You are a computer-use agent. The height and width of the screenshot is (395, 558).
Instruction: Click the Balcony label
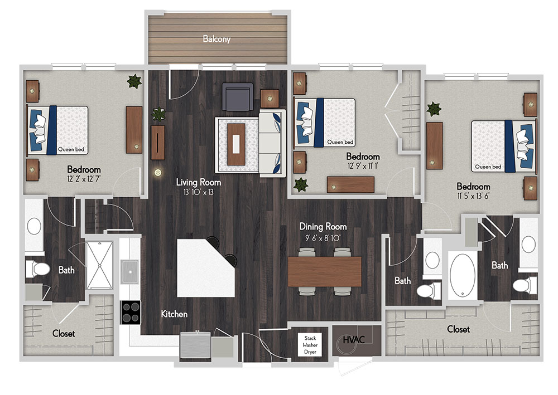click(x=217, y=38)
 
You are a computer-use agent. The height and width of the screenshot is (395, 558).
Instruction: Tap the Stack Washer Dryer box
click(x=310, y=345)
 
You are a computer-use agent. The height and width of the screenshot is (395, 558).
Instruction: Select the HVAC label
click(x=354, y=340)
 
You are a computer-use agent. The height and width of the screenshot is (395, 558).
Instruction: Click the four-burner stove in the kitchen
click(x=130, y=313)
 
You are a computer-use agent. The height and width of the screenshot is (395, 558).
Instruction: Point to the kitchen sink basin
click(x=130, y=272)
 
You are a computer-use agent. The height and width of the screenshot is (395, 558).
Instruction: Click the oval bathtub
click(x=462, y=275)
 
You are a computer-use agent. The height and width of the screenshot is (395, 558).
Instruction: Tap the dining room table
click(x=325, y=272)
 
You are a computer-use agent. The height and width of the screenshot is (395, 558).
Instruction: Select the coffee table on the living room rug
click(x=236, y=144)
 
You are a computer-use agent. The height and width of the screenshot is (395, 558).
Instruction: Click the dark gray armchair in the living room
click(x=238, y=96)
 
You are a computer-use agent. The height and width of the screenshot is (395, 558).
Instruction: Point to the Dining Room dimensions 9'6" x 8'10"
click(x=323, y=238)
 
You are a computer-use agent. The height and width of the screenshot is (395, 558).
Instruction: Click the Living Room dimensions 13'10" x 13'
click(x=199, y=192)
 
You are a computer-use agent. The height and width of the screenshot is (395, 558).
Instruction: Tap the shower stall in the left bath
click(x=99, y=265)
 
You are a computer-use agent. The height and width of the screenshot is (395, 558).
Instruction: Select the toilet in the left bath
click(x=37, y=269)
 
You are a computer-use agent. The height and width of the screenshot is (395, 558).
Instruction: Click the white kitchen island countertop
click(x=205, y=269)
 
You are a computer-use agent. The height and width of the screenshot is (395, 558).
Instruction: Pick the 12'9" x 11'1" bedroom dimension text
click(x=363, y=166)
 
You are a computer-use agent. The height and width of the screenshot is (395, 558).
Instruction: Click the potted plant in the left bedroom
click(x=134, y=81)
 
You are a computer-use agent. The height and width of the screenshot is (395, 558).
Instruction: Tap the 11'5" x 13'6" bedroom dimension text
click(x=473, y=196)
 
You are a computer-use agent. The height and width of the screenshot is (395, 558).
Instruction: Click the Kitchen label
click(x=174, y=314)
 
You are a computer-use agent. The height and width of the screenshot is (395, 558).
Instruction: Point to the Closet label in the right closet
click(x=458, y=329)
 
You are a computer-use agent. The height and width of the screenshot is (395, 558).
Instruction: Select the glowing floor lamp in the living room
click(x=158, y=173)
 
